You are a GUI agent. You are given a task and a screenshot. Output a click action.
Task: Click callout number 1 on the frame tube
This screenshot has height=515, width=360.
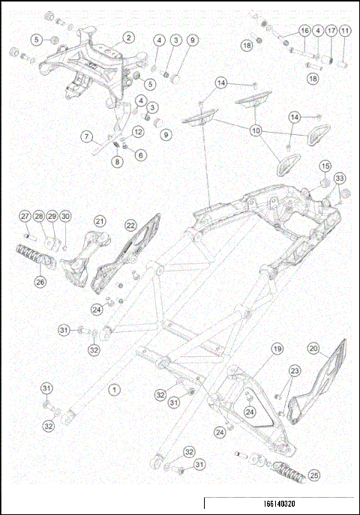(114, 389)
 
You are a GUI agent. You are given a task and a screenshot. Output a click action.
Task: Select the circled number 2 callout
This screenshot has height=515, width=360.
(128, 37)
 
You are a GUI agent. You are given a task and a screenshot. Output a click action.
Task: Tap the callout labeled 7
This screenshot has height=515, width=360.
(88, 136)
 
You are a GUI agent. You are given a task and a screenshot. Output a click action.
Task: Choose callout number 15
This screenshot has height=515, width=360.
(325, 166)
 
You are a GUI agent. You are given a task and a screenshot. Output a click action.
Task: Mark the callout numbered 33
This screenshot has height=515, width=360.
(340, 178)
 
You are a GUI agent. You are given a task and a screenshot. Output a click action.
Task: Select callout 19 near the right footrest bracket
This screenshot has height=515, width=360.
(277, 349)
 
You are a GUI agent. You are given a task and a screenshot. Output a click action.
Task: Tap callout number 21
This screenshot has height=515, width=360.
(100, 221)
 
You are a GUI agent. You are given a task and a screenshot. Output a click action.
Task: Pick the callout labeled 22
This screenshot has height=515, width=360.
(130, 225)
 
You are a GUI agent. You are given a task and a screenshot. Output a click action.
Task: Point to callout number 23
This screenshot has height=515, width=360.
(295, 370)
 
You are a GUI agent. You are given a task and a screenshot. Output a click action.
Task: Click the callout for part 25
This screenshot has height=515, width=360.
(313, 475)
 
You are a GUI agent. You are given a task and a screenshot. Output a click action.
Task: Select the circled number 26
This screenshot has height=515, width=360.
(40, 282)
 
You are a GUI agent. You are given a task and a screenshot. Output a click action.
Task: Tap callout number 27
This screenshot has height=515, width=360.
(25, 217)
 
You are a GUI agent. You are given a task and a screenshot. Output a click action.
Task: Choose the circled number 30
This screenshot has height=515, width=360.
(65, 217)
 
